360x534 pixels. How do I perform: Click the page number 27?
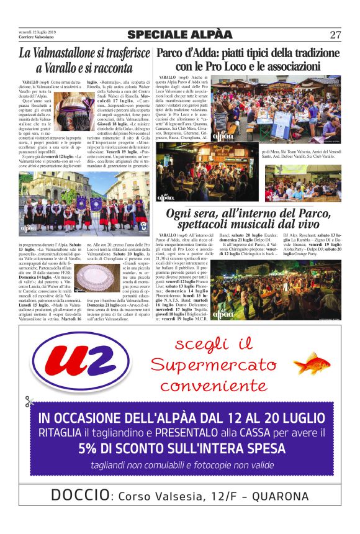click(x=336, y=35)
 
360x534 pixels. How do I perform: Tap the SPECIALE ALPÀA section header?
click(x=180, y=35)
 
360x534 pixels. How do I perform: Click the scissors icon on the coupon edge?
click(x=29, y=402)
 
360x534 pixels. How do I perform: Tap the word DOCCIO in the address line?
click(x=79, y=496)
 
